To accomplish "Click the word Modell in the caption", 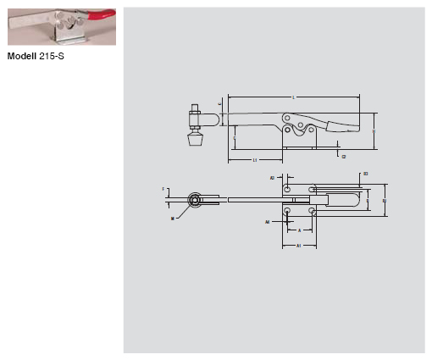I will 23,58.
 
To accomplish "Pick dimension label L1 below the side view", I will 255,160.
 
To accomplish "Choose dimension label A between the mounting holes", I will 300,229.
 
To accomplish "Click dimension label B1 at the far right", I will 386,200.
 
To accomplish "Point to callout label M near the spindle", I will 172,218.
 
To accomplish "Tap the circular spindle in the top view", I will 196,201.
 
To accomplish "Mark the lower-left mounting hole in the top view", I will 288,209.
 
